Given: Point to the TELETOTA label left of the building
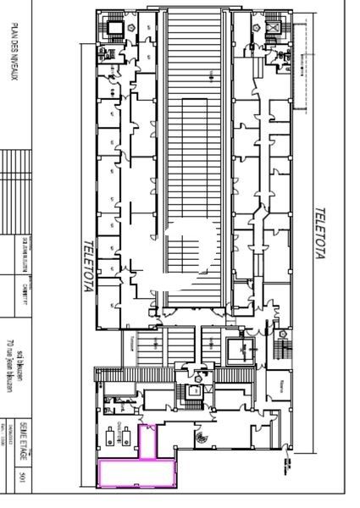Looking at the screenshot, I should coord(87,267).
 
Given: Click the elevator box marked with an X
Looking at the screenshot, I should coord(274,28).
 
